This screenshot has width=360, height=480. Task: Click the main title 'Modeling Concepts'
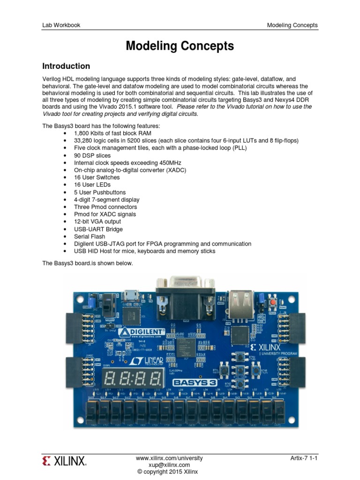180,46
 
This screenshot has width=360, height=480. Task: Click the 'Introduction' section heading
66,66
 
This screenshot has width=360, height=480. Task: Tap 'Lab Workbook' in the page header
60,25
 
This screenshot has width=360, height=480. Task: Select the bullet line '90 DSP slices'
92,155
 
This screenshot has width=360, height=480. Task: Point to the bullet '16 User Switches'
97,178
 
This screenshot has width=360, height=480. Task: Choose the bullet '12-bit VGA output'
97,221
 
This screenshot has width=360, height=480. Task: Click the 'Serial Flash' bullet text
90,236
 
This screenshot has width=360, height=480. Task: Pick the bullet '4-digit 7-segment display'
106,200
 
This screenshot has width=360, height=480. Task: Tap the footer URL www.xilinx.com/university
169,458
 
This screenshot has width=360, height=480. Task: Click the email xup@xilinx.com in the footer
169,465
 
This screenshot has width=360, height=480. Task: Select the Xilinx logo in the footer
65,462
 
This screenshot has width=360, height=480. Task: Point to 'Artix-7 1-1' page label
304,458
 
